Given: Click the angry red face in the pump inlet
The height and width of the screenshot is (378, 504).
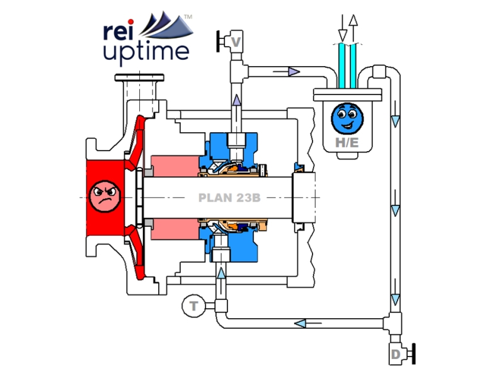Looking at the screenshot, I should (104, 196).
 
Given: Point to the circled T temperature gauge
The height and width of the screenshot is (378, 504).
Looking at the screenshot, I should (193, 307).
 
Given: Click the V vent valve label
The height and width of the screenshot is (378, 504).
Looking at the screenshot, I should (237, 42).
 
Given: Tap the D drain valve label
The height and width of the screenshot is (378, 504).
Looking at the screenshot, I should (396, 355).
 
